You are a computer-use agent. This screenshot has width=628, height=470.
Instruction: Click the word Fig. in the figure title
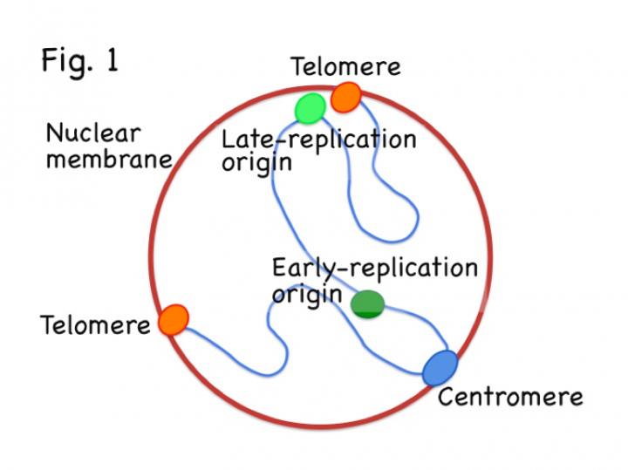pyautogui.click(x=71, y=62)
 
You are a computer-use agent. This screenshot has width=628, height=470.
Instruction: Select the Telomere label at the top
pyautogui.click(x=345, y=67)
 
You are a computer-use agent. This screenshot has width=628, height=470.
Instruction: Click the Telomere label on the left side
pyautogui.click(x=96, y=326)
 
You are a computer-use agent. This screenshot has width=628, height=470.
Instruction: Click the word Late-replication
pyautogui.click(x=317, y=140)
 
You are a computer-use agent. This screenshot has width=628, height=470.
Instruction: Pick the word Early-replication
pyautogui.click(x=374, y=268)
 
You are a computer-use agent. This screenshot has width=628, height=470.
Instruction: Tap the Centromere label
pyautogui.click(x=509, y=398)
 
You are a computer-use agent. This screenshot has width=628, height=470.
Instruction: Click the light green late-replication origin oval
pyautogui.click(x=310, y=109)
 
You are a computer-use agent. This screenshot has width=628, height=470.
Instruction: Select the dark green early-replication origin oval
pyautogui.click(x=367, y=303)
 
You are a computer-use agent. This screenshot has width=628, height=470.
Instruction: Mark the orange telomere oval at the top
pyautogui.click(x=345, y=97)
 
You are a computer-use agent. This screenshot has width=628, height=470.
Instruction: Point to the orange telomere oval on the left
pyautogui.click(x=174, y=320)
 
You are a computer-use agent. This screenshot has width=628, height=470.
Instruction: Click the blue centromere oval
pyautogui.click(x=440, y=367)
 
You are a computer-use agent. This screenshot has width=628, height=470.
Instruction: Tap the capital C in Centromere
pyautogui.click(x=446, y=398)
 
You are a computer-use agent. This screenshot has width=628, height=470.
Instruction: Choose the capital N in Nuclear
pyautogui.click(x=53, y=134)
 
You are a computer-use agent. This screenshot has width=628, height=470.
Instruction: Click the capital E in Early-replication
pyautogui.click(x=279, y=267)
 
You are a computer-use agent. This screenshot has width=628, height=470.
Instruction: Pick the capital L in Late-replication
pyautogui.click(x=229, y=140)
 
